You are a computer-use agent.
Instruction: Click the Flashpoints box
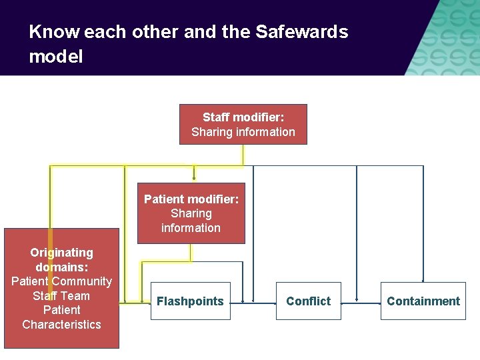(190, 301)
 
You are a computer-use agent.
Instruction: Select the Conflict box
(308, 301)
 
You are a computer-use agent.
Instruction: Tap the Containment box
(423, 301)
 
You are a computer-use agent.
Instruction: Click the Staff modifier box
(243, 124)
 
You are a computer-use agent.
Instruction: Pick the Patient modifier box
(191, 213)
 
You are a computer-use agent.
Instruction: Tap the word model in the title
(56, 57)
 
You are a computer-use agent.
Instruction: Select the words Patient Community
(61, 281)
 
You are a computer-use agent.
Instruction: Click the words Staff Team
(61, 296)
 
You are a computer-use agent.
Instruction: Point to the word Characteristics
(61, 325)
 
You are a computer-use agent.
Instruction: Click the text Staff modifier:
(243, 117)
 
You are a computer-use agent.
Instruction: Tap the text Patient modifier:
(191, 199)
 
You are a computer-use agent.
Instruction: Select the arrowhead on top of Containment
(423, 280)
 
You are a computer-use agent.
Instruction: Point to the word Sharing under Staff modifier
(211, 132)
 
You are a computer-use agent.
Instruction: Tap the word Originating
(61, 253)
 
